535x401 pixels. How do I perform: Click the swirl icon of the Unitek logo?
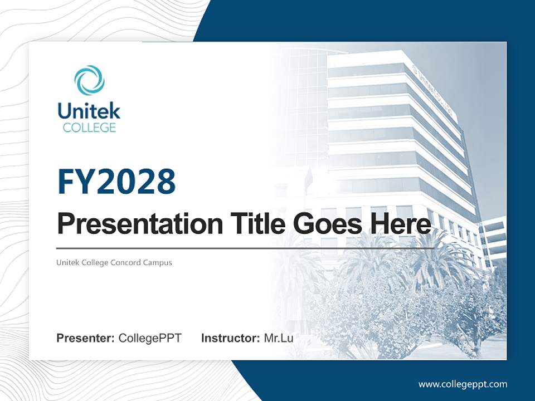(x=89, y=80)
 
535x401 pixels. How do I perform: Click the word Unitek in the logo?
(x=89, y=111)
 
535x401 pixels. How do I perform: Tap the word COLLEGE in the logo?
(x=89, y=128)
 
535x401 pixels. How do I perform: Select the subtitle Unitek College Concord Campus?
(x=114, y=262)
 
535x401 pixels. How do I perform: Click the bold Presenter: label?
(x=86, y=338)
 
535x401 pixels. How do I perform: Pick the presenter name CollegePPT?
(x=150, y=338)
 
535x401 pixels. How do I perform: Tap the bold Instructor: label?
(x=230, y=338)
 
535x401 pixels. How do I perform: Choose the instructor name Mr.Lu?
(x=279, y=338)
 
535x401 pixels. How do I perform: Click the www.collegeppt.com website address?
(x=463, y=384)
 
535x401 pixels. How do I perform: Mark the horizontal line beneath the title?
(x=245, y=248)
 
